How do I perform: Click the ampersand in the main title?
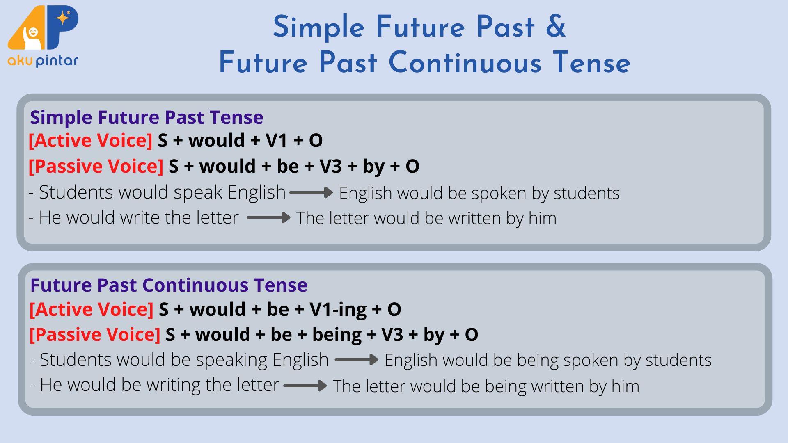[556, 26]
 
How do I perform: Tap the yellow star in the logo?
[63, 18]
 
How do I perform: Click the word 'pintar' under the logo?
[57, 61]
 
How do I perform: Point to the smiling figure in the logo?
[32, 38]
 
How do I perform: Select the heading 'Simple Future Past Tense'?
[147, 118]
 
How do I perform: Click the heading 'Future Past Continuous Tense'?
[169, 285]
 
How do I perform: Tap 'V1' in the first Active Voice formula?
[276, 141]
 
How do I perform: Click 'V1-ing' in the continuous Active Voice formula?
[338, 310]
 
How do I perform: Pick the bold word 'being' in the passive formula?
[337, 335]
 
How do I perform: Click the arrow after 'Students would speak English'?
[312, 192]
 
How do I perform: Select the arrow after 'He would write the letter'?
[269, 217]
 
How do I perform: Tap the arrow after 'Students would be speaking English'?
[357, 360]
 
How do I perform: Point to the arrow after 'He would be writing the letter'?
[305, 386]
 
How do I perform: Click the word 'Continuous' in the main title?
[465, 63]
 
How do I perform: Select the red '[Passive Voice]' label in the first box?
[96, 167]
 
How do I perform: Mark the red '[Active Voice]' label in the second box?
[92, 310]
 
